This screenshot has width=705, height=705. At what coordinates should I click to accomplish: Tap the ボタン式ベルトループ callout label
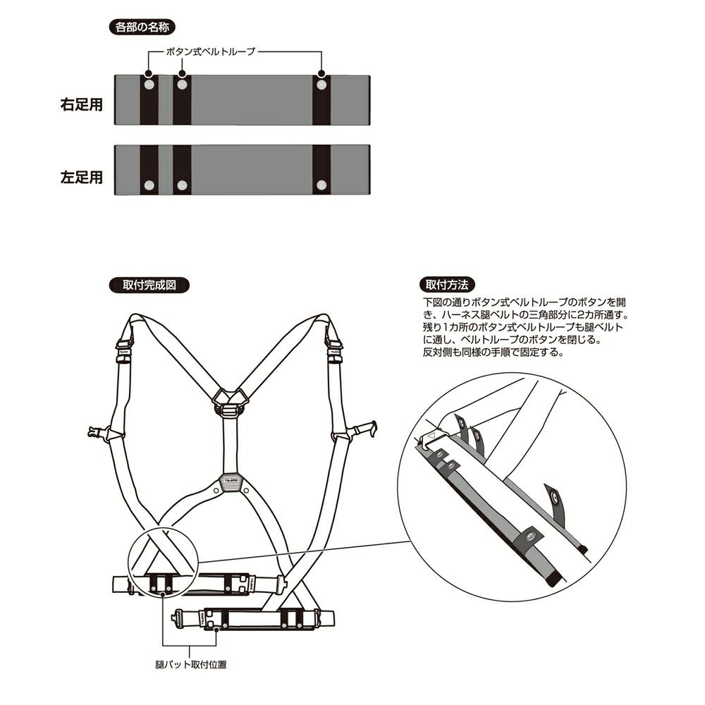click(x=210, y=51)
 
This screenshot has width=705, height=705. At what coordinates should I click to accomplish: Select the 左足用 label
click(x=82, y=176)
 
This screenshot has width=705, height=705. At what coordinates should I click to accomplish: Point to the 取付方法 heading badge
click(x=447, y=286)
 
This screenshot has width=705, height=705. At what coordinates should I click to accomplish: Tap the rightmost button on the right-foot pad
click(x=321, y=85)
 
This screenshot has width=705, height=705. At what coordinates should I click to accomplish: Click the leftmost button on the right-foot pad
click(x=149, y=85)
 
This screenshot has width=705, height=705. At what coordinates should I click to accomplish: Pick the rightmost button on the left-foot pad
click(x=321, y=185)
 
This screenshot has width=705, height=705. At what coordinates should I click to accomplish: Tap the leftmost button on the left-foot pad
click(x=149, y=185)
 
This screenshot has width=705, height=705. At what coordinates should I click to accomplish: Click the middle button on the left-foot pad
click(x=182, y=185)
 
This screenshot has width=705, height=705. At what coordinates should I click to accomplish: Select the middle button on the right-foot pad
click(x=182, y=85)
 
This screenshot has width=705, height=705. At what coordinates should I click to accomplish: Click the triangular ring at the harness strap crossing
click(x=228, y=399)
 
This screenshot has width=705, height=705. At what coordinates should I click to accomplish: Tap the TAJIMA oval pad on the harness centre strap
click(x=230, y=482)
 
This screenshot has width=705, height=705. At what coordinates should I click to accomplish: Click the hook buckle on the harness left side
click(x=97, y=431)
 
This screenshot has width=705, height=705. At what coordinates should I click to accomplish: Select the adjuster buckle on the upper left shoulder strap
click(x=123, y=348)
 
